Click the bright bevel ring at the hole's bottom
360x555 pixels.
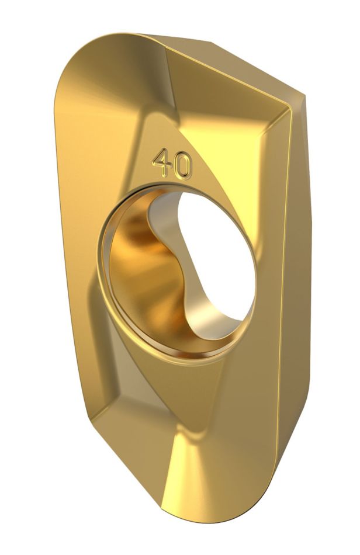[175, 351]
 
